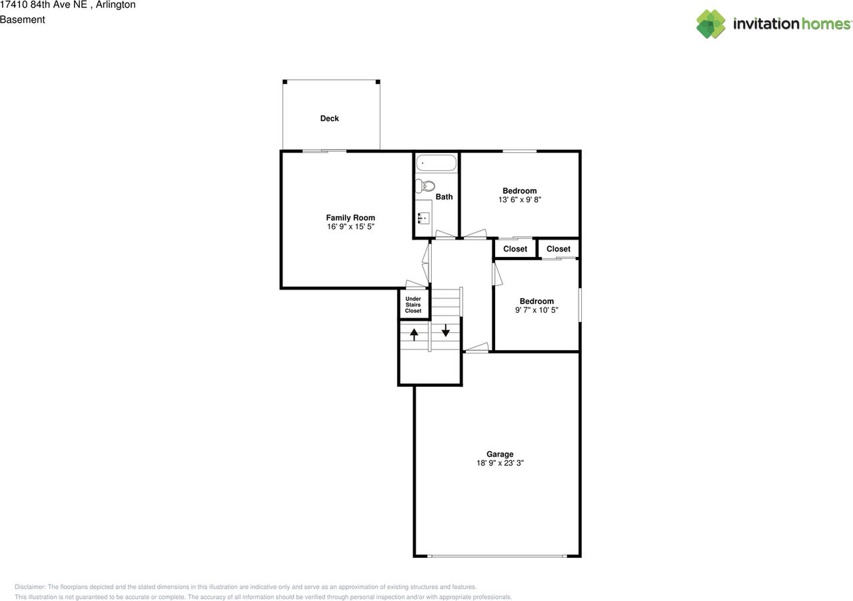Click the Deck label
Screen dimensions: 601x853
click(x=329, y=118)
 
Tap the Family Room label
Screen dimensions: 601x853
click(x=350, y=218)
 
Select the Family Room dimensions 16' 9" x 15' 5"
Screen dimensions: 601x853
click(x=350, y=227)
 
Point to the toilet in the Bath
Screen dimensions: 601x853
click(x=425, y=186)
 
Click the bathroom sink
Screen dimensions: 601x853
click(x=423, y=217)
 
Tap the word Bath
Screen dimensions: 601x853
click(x=444, y=197)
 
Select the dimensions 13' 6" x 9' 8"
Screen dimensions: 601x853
click(x=519, y=200)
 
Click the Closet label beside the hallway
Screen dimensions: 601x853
click(x=515, y=249)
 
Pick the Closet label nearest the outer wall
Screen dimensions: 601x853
click(x=558, y=249)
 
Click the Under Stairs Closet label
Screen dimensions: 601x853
click(x=413, y=305)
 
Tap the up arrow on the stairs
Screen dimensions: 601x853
click(x=414, y=334)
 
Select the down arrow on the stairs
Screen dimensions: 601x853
click(x=446, y=330)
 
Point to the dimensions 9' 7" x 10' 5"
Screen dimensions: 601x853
click(x=536, y=310)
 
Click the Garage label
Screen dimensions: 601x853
click(x=499, y=455)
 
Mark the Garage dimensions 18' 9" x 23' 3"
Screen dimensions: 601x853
click(x=499, y=463)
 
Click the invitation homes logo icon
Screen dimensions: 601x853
click(x=711, y=24)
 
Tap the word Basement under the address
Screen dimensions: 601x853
click(x=23, y=19)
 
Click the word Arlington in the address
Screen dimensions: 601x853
click(x=116, y=5)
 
